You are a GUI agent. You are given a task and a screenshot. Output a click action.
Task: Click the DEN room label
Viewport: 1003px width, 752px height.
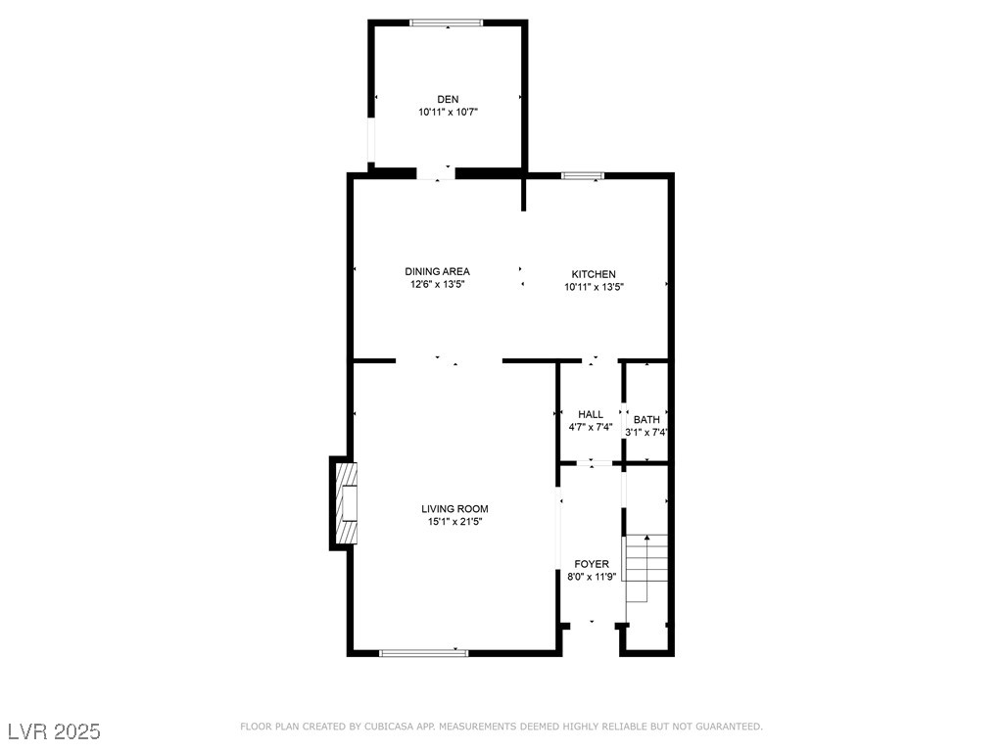[x=448, y=99]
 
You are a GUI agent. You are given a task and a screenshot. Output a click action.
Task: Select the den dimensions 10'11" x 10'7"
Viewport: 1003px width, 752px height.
[x=449, y=112]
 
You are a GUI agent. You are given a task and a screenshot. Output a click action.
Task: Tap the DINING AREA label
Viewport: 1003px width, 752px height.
[x=437, y=271]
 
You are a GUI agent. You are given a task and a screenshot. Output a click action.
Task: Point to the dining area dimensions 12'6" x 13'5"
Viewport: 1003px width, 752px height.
[x=437, y=284]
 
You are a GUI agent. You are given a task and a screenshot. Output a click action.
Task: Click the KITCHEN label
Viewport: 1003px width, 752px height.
[x=594, y=274]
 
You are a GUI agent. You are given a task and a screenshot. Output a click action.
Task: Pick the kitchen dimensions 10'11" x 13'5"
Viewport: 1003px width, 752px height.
[x=594, y=287]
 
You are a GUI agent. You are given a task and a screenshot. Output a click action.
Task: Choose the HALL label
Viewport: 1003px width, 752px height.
[x=591, y=414]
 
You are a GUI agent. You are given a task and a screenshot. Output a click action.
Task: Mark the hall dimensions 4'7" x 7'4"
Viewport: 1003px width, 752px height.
[x=591, y=427]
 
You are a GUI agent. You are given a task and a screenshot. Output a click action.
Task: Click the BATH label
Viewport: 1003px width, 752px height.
[x=646, y=419]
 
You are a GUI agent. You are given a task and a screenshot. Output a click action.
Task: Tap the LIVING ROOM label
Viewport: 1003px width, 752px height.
[x=454, y=509]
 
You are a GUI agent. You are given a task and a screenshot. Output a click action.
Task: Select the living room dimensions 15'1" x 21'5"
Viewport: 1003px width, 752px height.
[x=454, y=522]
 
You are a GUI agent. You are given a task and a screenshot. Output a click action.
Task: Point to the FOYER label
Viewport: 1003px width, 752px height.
[x=592, y=564]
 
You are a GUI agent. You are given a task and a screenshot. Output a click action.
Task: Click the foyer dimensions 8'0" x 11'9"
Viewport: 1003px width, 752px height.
[x=592, y=576]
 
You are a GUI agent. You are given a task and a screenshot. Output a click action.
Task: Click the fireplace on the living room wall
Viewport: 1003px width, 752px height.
[x=344, y=503]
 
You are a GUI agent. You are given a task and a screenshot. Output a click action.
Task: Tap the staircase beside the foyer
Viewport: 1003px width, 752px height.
[x=646, y=569]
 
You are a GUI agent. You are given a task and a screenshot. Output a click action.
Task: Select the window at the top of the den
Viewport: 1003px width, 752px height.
[x=447, y=23]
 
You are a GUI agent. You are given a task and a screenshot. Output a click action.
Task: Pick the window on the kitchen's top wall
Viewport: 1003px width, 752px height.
[x=583, y=176]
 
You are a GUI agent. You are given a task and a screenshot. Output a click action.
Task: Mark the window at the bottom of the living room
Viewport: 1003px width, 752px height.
[x=423, y=653]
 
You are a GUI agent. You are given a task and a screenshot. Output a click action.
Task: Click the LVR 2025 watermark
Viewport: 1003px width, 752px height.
[x=55, y=731]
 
